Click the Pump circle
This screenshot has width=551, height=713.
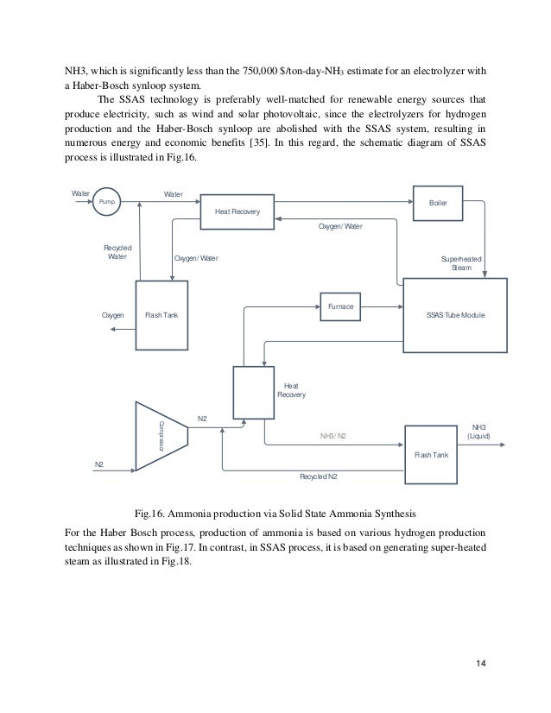[x=107, y=200]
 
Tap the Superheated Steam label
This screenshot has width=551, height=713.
[x=462, y=262]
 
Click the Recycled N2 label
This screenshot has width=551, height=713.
[x=318, y=476]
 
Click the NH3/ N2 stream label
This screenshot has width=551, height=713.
[x=332, y=436]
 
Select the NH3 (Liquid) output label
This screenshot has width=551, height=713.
[x=478, y=432]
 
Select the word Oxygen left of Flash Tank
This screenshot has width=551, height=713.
[x=113, y=316]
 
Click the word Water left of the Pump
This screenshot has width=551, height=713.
[x=80, y=193]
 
